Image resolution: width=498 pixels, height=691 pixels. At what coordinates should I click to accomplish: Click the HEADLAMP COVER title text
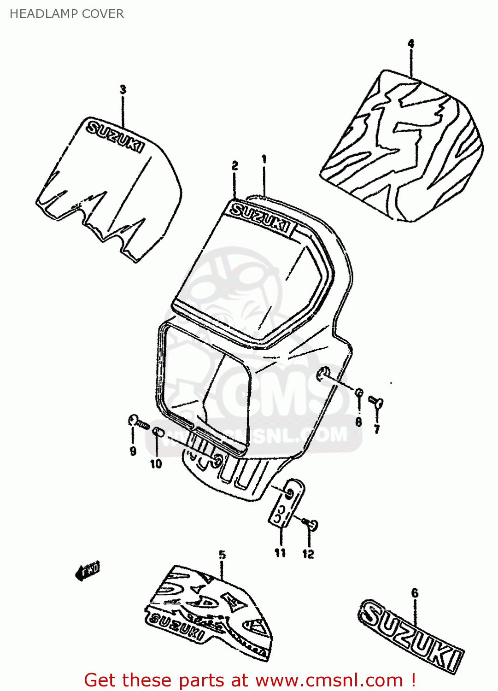click(x=67, y=14)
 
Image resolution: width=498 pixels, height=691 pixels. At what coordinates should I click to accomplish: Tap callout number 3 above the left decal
click(x=123, y=89)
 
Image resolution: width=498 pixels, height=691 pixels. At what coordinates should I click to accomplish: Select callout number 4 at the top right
click(x=411, y=44)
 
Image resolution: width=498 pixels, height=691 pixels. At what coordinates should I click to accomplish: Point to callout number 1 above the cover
click(x=264, y=159)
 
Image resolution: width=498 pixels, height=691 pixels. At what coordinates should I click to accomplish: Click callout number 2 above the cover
click(x=235, y=166)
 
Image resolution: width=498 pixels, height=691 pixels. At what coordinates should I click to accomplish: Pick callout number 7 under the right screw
click(x=377, y=429)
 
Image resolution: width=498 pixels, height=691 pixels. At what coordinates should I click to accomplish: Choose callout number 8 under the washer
click(x=359, y=422)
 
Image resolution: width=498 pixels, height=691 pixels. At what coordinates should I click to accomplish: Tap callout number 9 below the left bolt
click(x=133, y=451)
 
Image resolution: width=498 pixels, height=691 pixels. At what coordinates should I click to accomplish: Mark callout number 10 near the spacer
click(x=156, y=463)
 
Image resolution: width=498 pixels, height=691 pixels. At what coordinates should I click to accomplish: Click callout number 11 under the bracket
click(x=281, y=552)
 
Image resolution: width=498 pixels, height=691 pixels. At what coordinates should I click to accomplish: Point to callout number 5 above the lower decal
click(x=223, y=555)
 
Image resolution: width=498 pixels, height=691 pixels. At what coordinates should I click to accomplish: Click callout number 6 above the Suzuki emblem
click(x=415, y=593)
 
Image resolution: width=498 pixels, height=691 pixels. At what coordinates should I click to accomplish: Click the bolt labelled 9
click(x=138, y=422)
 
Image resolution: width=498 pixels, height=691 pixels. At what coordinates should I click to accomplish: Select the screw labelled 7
click(x=376, y=402)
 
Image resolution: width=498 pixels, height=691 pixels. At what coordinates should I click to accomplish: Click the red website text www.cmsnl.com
click(x=329, y=680)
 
